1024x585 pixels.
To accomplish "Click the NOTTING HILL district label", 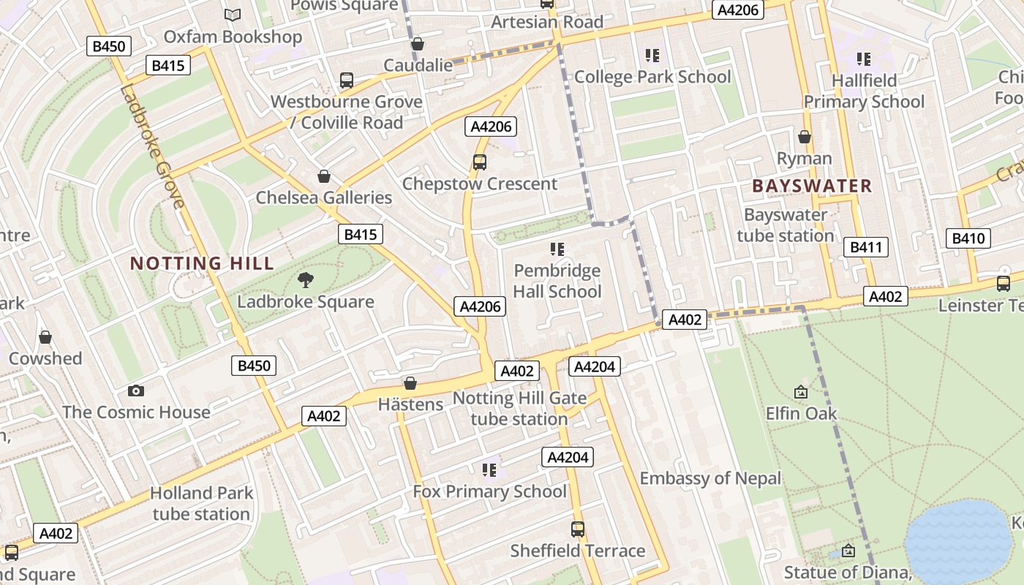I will (202, 263).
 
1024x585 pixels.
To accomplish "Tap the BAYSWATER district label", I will (812, 186).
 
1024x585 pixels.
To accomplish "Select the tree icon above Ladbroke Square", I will (306, 279).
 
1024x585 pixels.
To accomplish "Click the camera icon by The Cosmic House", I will (135, 391).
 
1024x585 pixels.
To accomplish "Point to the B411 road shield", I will (866, 247).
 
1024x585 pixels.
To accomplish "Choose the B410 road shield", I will (969, 238).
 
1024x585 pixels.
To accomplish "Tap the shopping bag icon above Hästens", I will (410, 383).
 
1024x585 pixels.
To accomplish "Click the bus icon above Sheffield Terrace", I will (578, 529).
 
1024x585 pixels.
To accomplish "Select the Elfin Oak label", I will (801, 414).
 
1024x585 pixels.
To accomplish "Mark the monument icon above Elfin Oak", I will (801, 393).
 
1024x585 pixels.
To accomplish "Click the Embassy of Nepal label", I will (710, 478).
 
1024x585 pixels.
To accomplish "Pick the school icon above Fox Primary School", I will (489, 469).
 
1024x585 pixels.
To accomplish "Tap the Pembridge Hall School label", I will (557, 282).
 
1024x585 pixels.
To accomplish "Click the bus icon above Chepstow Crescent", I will (480, 162).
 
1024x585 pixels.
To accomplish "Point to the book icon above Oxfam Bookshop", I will (233, 15).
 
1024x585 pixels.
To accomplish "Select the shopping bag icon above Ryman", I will (805, 137).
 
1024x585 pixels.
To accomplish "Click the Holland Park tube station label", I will (201, 503).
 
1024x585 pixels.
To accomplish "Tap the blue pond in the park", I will (958, 541).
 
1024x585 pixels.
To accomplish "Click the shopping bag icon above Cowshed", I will (45, 337).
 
